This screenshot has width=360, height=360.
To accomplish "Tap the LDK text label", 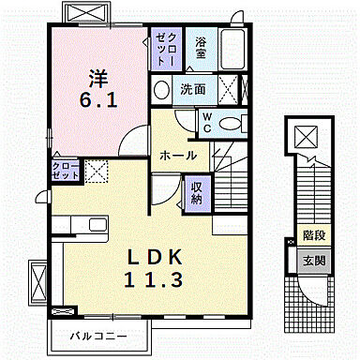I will click(150, 257).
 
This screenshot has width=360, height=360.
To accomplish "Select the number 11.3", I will click(150, 278).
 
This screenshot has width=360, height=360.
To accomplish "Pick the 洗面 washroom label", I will click(193, 90).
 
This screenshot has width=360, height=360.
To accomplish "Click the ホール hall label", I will click(177, 155).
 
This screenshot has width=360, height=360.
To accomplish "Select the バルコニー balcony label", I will click(102, 335).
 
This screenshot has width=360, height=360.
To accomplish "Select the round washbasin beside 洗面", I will click(161, 90).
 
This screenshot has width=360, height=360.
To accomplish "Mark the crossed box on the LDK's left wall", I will click(37, 278).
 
